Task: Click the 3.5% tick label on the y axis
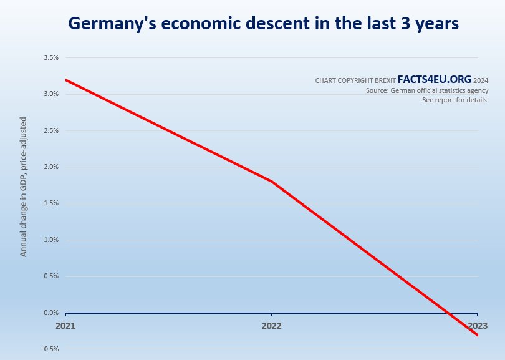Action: pyautogui.click(x=50, y=57)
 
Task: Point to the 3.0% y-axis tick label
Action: pyautogui.click(x=50, y=94)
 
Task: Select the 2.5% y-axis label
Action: pyautogui.click(x=50, y=130)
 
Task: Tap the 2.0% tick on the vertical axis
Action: pyautogui.click(x=50, y=167)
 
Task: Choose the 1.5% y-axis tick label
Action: pyautogui.click(x=50, y=203)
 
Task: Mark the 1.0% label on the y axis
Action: pyautogui.click(x=50, y=240)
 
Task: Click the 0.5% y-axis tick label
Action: pyautogui.click(x=50, y=276)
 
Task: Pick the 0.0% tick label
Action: pyautogui.click(x=50, y=313)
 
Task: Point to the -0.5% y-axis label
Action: pyautogui.click(x=49, y=349)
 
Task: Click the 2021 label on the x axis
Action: pyautogui.click(x=65, y=326)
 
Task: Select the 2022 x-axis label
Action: pyautogui.click(x=271, y=326)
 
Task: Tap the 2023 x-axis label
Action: pyautogui.click(x=477, y=326)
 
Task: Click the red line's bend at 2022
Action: pyautogui.click(x=272, y=182)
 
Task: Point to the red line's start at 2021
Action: pyautogui.click(x=65, y=80)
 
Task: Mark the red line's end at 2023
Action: pyautogui.click(x=478, y=335)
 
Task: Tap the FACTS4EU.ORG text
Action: pyautogui.click(x=434, y=80)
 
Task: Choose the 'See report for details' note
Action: pyautogui.click(x=454, y=100)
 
